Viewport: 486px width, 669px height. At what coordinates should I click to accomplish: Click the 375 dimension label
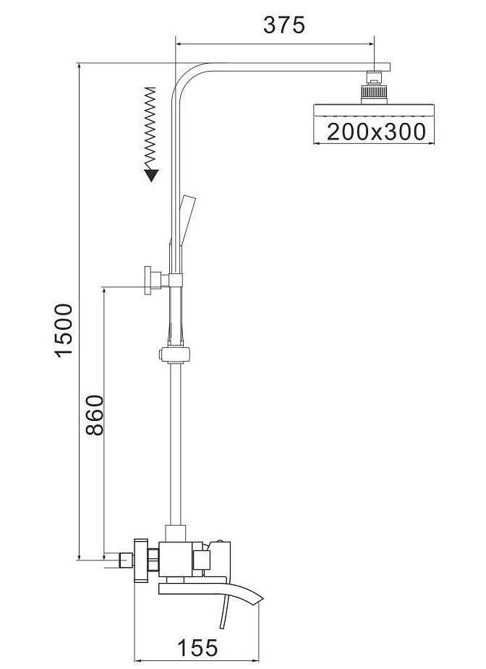(283, 25)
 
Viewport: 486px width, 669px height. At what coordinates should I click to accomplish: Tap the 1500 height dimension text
(65, 330)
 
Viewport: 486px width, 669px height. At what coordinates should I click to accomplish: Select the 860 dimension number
(94, 414)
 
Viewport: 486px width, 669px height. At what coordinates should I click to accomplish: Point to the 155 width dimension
(197, 648)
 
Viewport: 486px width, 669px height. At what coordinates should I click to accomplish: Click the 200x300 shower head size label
(376, 132)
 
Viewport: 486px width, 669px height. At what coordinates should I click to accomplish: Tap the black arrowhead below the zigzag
(151, 175)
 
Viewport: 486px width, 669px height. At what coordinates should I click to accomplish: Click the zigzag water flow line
(150, 129)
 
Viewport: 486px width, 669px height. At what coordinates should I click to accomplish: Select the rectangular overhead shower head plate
(374, 110)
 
